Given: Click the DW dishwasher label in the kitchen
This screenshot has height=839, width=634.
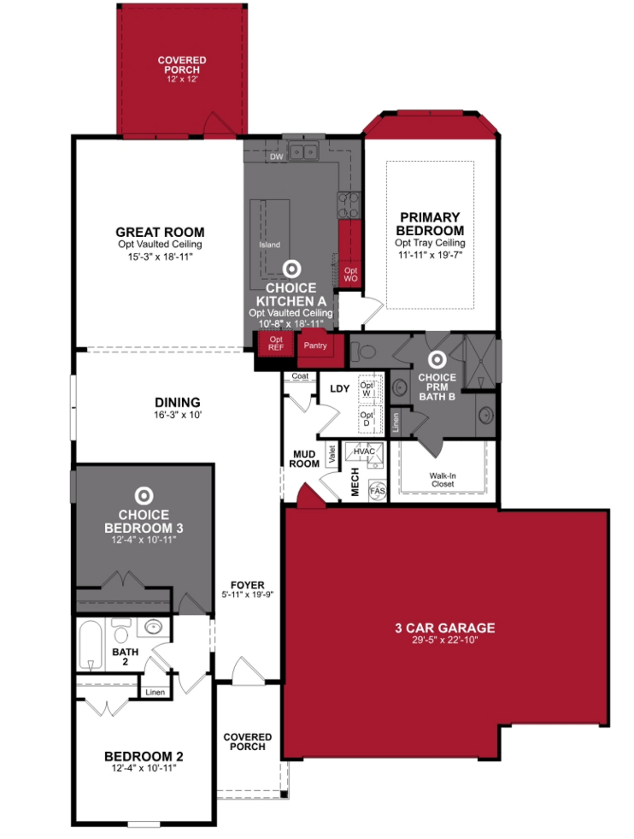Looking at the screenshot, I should tap(276, 157).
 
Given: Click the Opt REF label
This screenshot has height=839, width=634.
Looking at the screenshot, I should tap(276, 343).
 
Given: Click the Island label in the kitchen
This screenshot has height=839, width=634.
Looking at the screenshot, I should tap(269, 245).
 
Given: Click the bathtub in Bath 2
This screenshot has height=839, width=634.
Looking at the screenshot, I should tap(90, 644).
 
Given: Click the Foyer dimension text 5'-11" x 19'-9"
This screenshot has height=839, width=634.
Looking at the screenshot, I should tap(247, 594).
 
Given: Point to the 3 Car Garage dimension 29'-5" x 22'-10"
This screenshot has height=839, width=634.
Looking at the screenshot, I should tap(445, 640).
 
